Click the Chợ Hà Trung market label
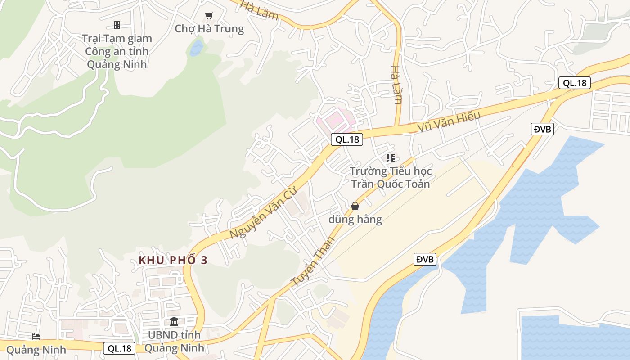[209, 29]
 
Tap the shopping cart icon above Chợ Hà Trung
[209, 16]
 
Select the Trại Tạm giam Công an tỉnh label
[117, 51]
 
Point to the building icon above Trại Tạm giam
[117, 25]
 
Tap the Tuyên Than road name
[314, 261]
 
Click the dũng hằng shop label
[355, 220]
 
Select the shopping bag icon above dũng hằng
[355, 206]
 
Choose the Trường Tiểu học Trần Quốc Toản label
[391, 177]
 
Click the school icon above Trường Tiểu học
[391, 158]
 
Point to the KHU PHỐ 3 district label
[173, 260]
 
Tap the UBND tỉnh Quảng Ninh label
[174, 342]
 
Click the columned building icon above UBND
[174, 322]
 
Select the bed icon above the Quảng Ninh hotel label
[36, 337]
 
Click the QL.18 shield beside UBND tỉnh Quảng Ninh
[119, 348]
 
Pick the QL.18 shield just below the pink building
[347, 139]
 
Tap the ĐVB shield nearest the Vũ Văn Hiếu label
[542, 130]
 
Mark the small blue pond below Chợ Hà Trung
[196, 48]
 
